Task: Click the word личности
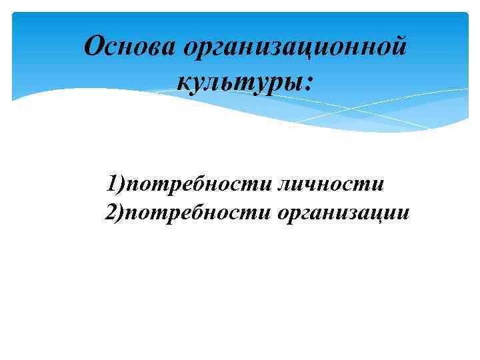pos(331,183)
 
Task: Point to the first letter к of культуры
pos(183,83)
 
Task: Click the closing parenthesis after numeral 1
pos(121,183)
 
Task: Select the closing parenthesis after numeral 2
pos(121,213)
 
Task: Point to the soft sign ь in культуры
pos(227,83)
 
